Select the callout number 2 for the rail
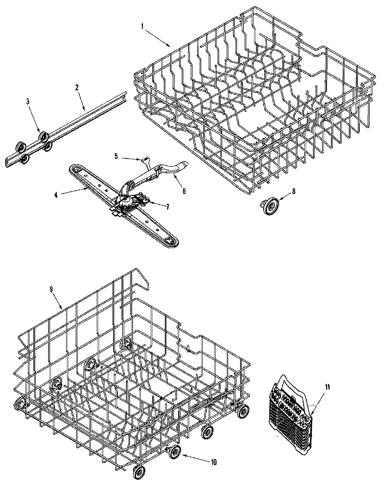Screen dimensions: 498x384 tap(77, 88)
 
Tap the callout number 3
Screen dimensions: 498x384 tap(28, 102)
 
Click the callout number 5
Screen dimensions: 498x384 tap(116, 156)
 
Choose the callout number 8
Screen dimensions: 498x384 tap(293, 191)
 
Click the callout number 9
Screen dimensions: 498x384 tap(51, 289)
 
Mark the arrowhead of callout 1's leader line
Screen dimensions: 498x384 tap(172, 47)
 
